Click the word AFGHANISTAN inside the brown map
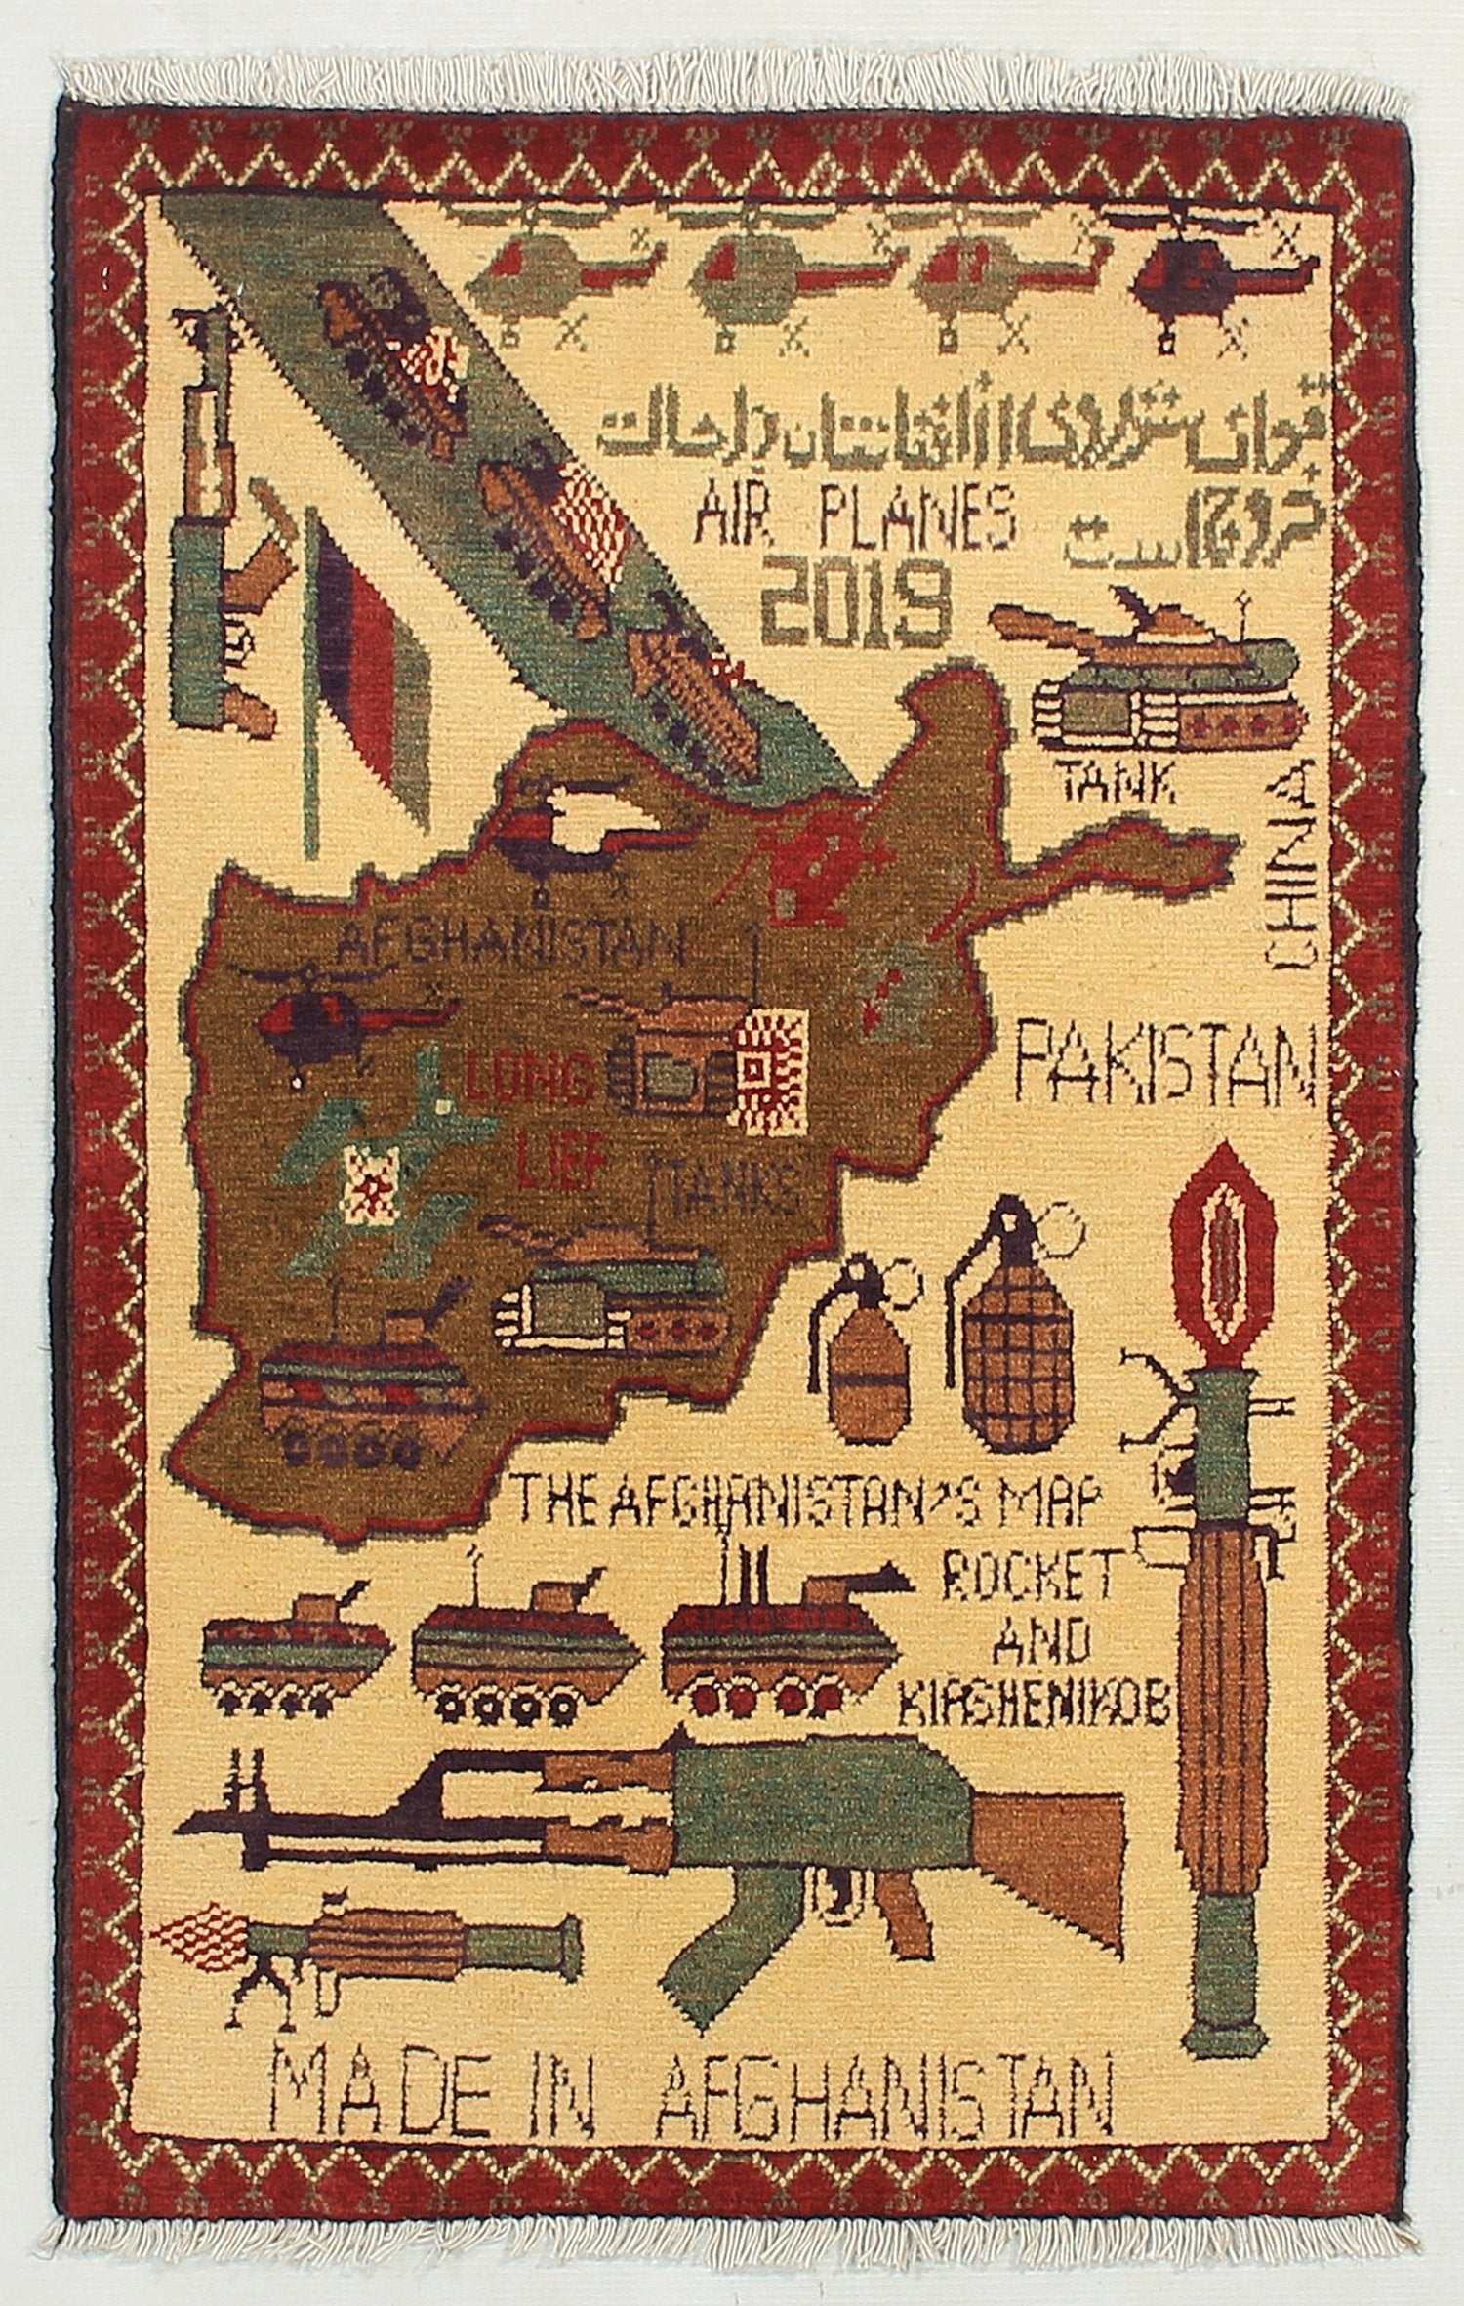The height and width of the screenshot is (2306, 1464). (510, 944)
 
